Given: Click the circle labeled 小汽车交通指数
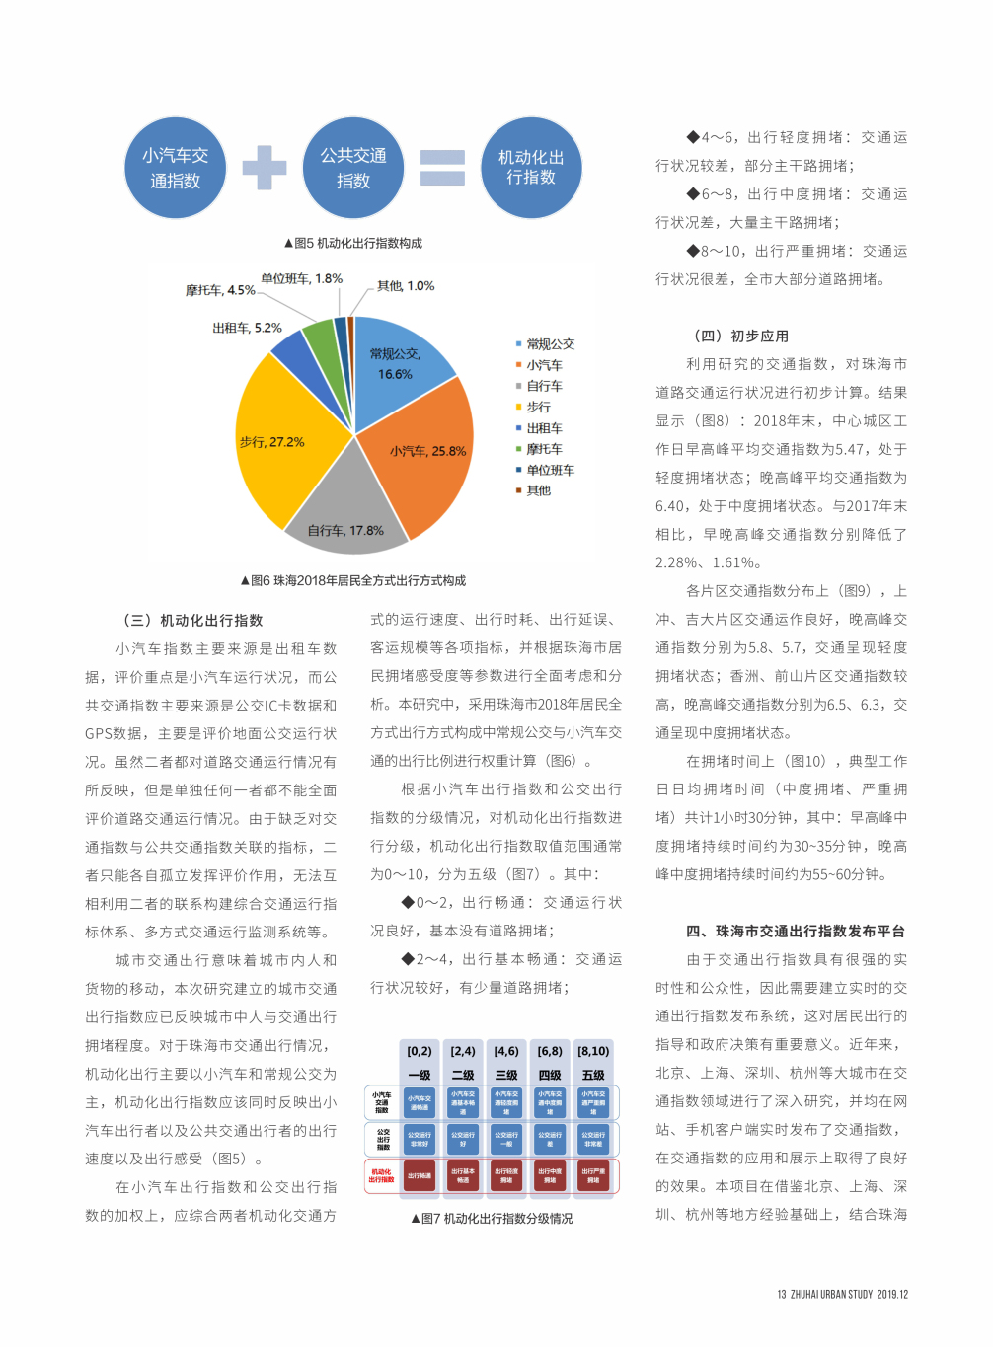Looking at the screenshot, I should [x=175, y=168].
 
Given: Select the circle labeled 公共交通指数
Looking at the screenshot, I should [x=352, y=168].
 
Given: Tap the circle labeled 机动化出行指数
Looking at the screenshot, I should [x=531, y=168].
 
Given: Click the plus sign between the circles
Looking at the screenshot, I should [x=265, y=168].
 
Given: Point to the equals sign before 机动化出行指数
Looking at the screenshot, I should [x=442, y=168].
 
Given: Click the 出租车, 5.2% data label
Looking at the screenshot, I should [x=247, y=328].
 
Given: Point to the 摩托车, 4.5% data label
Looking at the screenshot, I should [x=220, y=290].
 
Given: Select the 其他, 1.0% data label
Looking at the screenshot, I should [x=405, y=286].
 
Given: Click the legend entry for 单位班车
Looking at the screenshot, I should [x=550, y=471].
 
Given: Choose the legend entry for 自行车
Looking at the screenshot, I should [x=544, y=386].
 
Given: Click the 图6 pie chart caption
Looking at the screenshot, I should [x=353, y=580].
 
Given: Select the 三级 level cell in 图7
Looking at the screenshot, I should [x=506, y=1075].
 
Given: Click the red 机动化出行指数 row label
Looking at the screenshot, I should [x=381, y=1176].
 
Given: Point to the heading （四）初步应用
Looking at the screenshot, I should [x=741, y=336].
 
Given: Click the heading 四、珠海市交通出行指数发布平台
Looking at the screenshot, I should [x=796, y=931].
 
